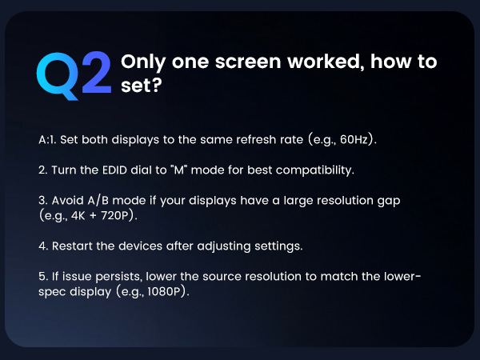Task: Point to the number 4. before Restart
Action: pyautogui.click(x=42, y=246)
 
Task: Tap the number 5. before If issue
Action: pyautogui.click(x=42, y=277)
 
